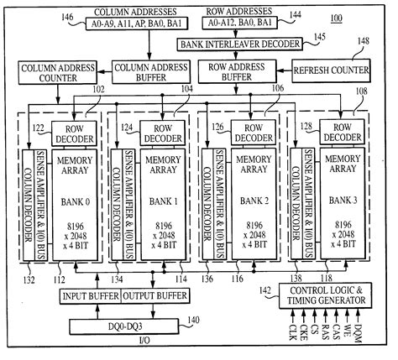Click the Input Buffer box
pyautogui.click(x=90, y=295)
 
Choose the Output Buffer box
pyautogui.click(x=153, y=295)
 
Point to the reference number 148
pyautogui.click(x=363, y=40)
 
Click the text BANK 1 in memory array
pyautogui.click(x=165, y=201)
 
